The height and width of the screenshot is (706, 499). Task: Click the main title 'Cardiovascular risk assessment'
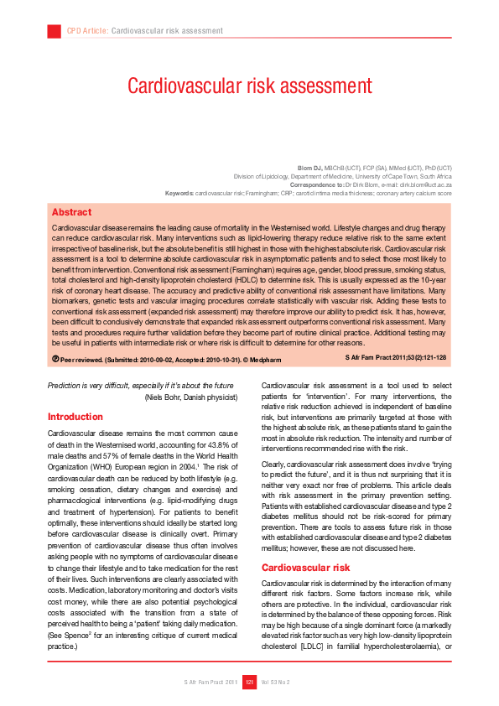[x=249, y=86]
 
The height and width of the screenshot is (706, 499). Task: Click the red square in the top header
[x=54, y=31]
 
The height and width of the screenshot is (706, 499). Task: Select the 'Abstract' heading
[x=71, y=212]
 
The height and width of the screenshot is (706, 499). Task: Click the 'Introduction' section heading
[x=75, y=417]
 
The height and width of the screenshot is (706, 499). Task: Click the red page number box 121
[x=249, y=682]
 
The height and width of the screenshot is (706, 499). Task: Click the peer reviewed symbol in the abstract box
[x=55, y=358]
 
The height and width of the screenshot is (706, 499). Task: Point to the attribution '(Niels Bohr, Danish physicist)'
[x=193, y=396]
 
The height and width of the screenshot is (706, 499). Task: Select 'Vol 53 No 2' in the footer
[x=275, y=682]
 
